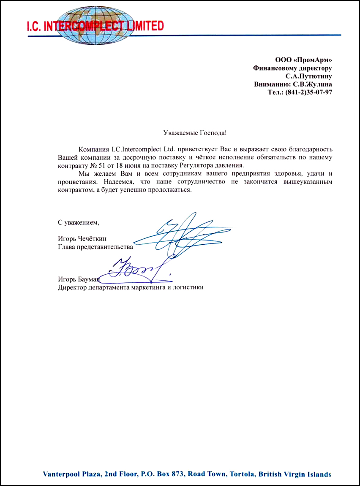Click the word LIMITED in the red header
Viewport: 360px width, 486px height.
143,27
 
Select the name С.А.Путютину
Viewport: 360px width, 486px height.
308,76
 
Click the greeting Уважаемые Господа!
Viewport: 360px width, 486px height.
195,133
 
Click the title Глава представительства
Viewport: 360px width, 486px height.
95,247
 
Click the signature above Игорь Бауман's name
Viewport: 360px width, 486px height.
135,270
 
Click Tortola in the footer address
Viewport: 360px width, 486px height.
242,474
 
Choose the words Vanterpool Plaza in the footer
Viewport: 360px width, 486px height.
71,474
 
